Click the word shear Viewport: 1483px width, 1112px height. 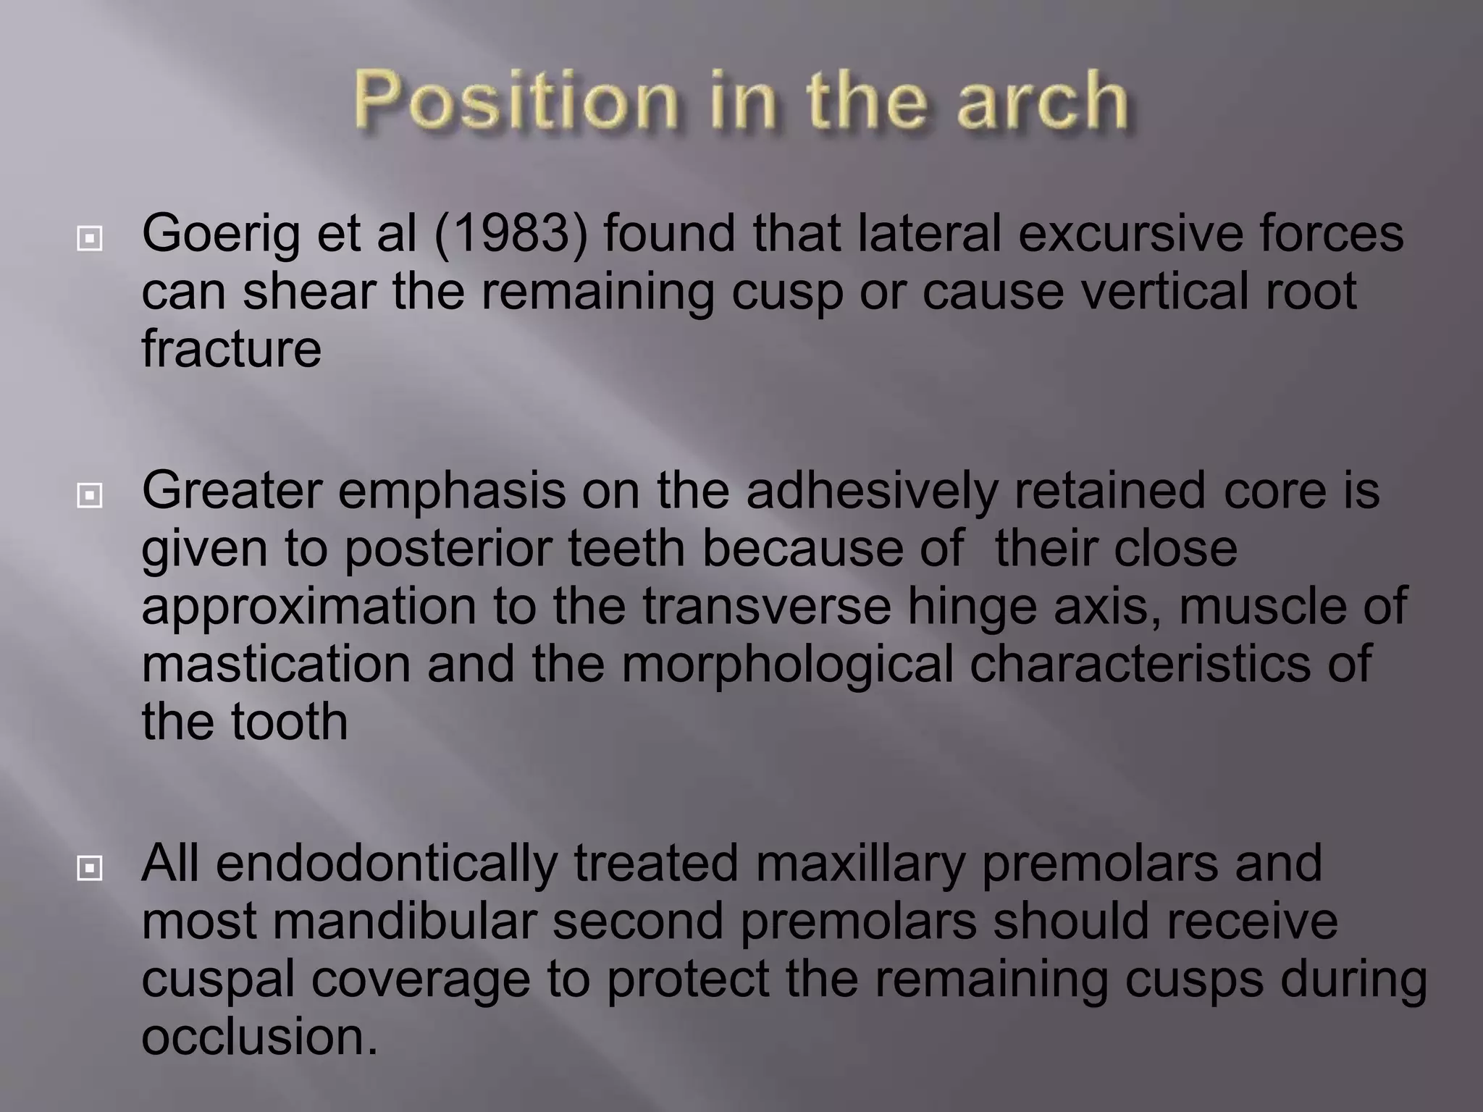pyautogui.click(x=309, y=292)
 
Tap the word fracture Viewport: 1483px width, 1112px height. pyautogui.click(x=231, y=349)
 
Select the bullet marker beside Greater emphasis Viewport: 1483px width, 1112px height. pyautogui.click(x=89, y=496)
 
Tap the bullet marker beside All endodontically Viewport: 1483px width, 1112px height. pyautogui.click(x=89, y=868)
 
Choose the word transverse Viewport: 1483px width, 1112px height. pyautogui.click(x=766, y=607)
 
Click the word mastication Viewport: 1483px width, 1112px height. pyautogui.click(x=276, y=665)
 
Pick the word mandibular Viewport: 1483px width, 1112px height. pyautogui.click(x=404, y=922)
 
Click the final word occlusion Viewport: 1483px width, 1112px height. pyautogui.click(x=259, y=1037)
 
